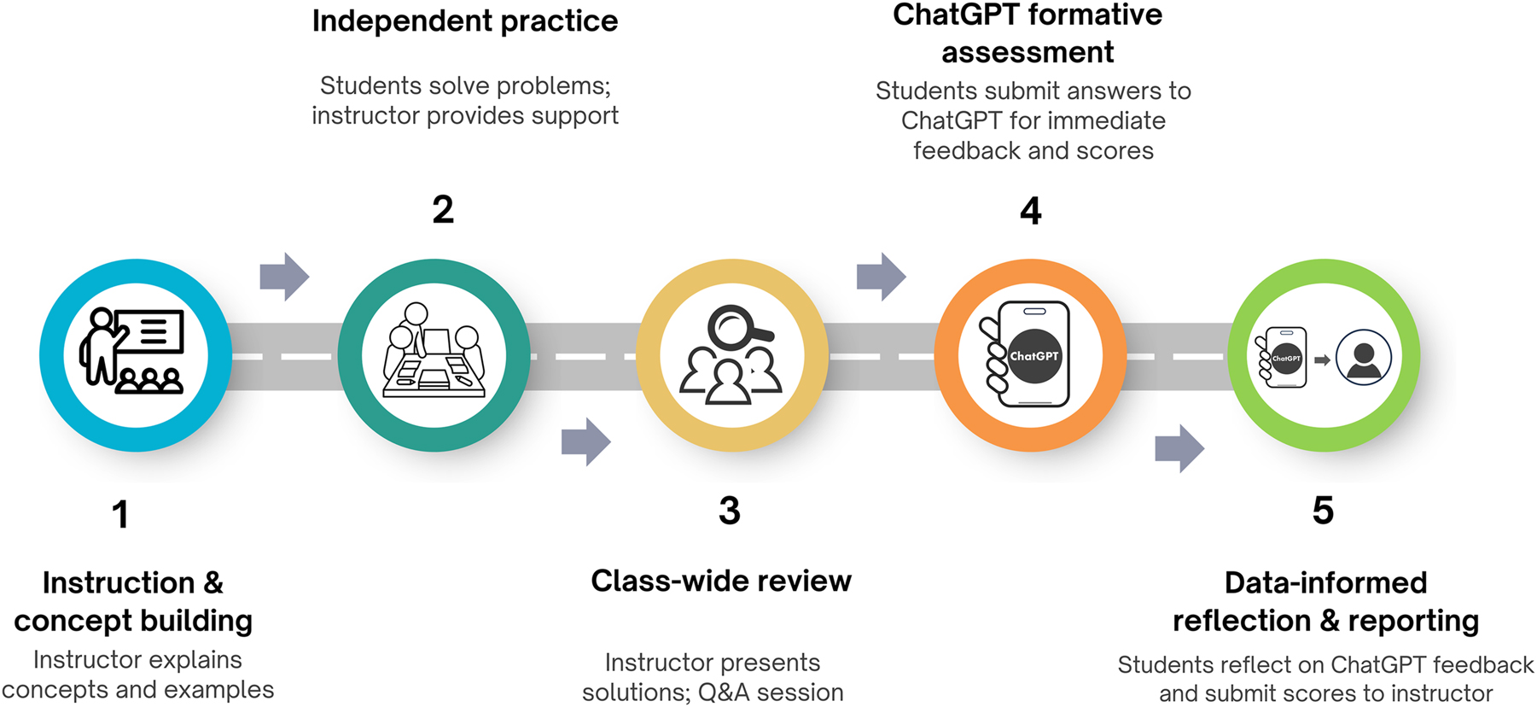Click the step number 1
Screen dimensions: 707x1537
(x=120, y=515)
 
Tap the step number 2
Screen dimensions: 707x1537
(x=442, y=210)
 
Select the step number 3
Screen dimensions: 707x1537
(x=729, y=511)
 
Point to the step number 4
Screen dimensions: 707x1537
(x=1030, y=211)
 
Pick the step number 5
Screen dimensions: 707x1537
(x=1322, y=511)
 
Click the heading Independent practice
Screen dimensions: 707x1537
(x=464, y=21)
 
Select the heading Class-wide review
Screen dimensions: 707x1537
(x=721, y=581)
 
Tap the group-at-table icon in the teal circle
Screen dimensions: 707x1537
(x=434, y=352)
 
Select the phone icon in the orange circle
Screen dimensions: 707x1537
(x=1028, y=354)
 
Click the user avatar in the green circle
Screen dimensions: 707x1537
(x=1363, y=357)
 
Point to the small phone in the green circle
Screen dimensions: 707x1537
(x=1284, y=358)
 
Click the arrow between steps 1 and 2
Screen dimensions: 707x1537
(x=284, y=277)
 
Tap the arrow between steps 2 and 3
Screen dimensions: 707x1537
(x=585, y=441)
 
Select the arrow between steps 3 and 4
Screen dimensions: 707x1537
(x=881, y=277)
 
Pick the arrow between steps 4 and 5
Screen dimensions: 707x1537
(x=1179, y=447)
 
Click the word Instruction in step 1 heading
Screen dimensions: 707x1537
(x=119, y=583)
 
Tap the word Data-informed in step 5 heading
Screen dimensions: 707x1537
(x=1325, y=583)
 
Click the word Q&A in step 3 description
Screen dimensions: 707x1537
(x=720, y=692)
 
